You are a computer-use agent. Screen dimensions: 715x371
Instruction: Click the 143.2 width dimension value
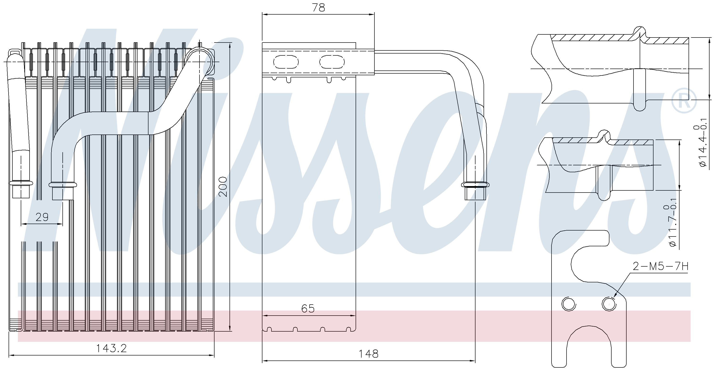[x=111, y=348]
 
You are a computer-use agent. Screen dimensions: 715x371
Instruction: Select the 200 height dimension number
[x=223, y=187]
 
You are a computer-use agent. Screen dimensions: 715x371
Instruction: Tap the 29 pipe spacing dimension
[x=42, y=217]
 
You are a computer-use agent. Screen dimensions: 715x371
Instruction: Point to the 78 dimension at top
[x=318, y=7]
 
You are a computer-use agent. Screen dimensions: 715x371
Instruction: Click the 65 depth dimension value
[x=308, y=308]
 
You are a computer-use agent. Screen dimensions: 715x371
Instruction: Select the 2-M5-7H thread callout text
[x=660, y=266]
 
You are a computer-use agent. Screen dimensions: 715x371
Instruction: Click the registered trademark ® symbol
[x=684, y=100]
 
